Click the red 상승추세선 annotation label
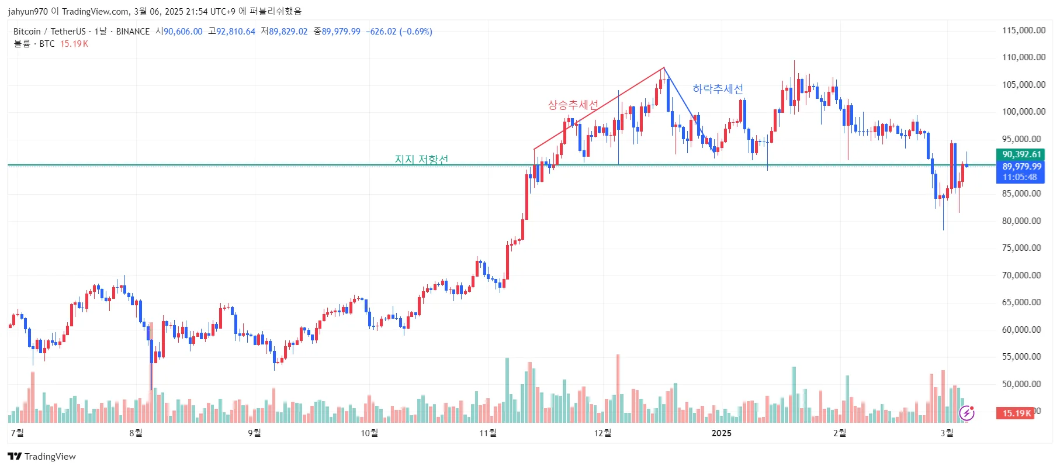pyautogui.click(x=573, y=105)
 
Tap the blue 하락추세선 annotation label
pyautogui.click(x=718, y=89)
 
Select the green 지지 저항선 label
pyautogui.click(x=421, y=159)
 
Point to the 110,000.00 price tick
pyautogui.click(x=1023, y=57)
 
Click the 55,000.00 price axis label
pyautogui.click(x=1021, y=357)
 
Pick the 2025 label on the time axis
pyautogui.click(x=721, y=433)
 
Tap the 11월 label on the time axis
pyautogui.click(x=488, y=433)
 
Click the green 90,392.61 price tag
pyautogui.click(x=1021, y=154)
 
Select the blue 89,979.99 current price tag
pyautogui.click(x=1021, y=167)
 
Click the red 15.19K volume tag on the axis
pyautogui.click(x=1016, y=413)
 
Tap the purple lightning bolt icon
pyautogui.click(x=967, y=413)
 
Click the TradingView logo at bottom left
pyautogui.click(x=42, y=457)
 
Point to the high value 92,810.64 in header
pyautogui.click(x=236, y=32)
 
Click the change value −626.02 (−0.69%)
pyautogui.click(x=399, y=32)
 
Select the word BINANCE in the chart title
pyautogui.click(x=133, y=32)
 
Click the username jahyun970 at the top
pyautogui.click(x=28, y=11)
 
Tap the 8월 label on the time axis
pyautogui.click(x=136, y=433)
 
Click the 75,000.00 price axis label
pyautogui.click(x=1021, y=248)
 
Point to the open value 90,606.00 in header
pyautogui.click(x=183, y=32)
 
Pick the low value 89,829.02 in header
pyautogui.click(x=288, y=32)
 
